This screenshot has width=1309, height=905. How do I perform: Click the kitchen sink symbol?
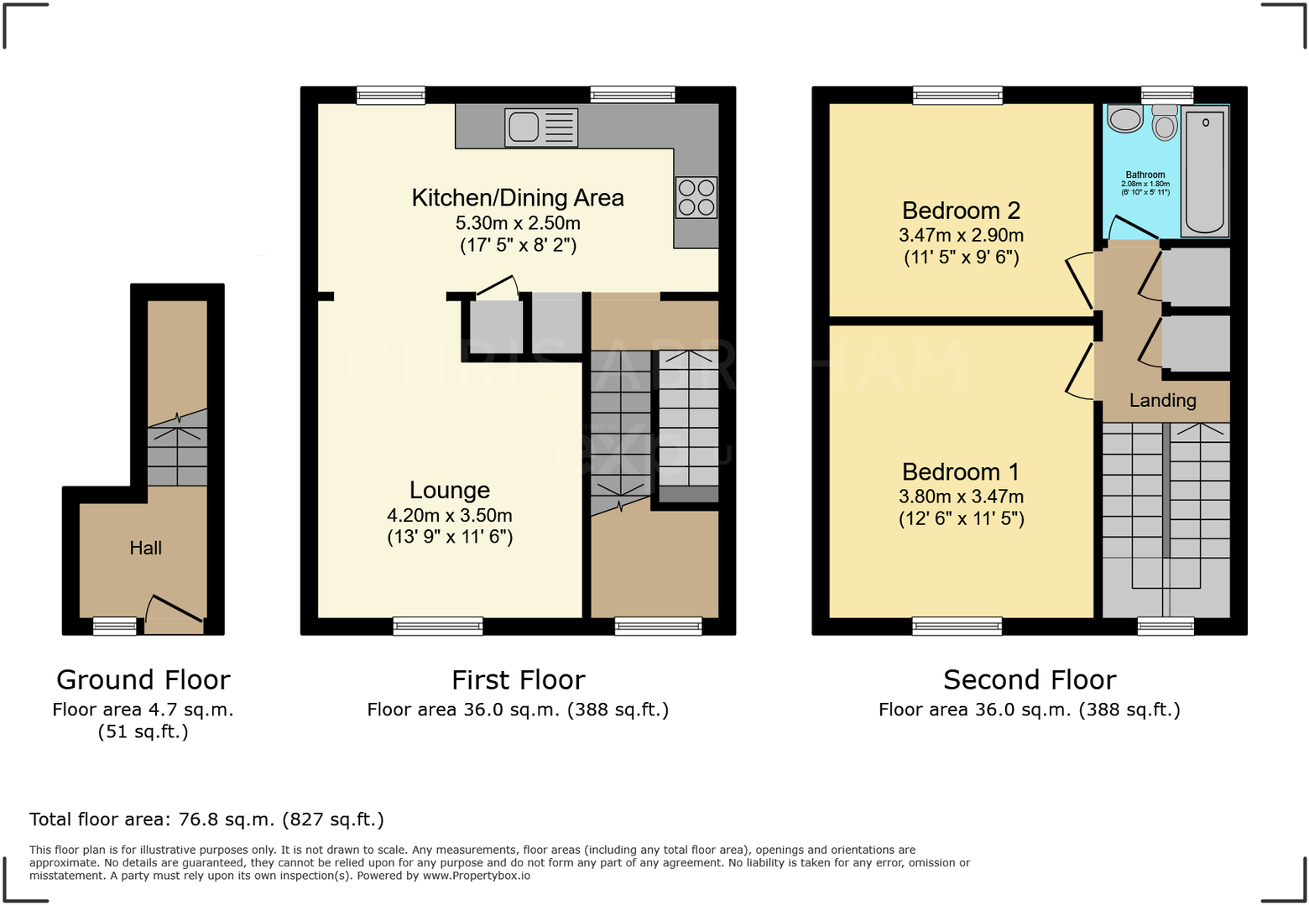tap(541, 127)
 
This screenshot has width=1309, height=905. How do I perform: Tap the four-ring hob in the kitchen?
tap(696, 198)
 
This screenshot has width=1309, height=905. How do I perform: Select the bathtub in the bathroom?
tap(1205, 172)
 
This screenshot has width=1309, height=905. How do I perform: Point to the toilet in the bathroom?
tap(1165, 122)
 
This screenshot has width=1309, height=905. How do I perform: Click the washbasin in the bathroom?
tap(1124, 118)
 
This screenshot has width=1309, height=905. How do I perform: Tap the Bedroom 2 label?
tap(961, 211)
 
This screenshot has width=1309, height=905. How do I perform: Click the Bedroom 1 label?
tap(961, 472)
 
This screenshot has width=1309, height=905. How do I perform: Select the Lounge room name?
tap(450, 491)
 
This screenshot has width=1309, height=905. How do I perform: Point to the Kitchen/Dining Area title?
tap(518, 198)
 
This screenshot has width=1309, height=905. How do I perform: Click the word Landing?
tap(1162, 401)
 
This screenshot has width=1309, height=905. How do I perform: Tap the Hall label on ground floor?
tap(145, 549)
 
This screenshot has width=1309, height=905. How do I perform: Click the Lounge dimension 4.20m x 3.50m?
tap(450, 516)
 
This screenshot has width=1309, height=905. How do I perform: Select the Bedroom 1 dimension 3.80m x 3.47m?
tap(961, 497)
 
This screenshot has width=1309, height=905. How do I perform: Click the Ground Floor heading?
tap(143, 679)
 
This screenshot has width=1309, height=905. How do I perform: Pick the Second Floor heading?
tap(1030, 679)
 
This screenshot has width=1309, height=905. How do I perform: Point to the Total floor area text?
tap(206, 819)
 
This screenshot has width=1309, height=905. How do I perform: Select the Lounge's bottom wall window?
tap(438, 626)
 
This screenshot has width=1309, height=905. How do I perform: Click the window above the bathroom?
tap(1166, 95)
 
